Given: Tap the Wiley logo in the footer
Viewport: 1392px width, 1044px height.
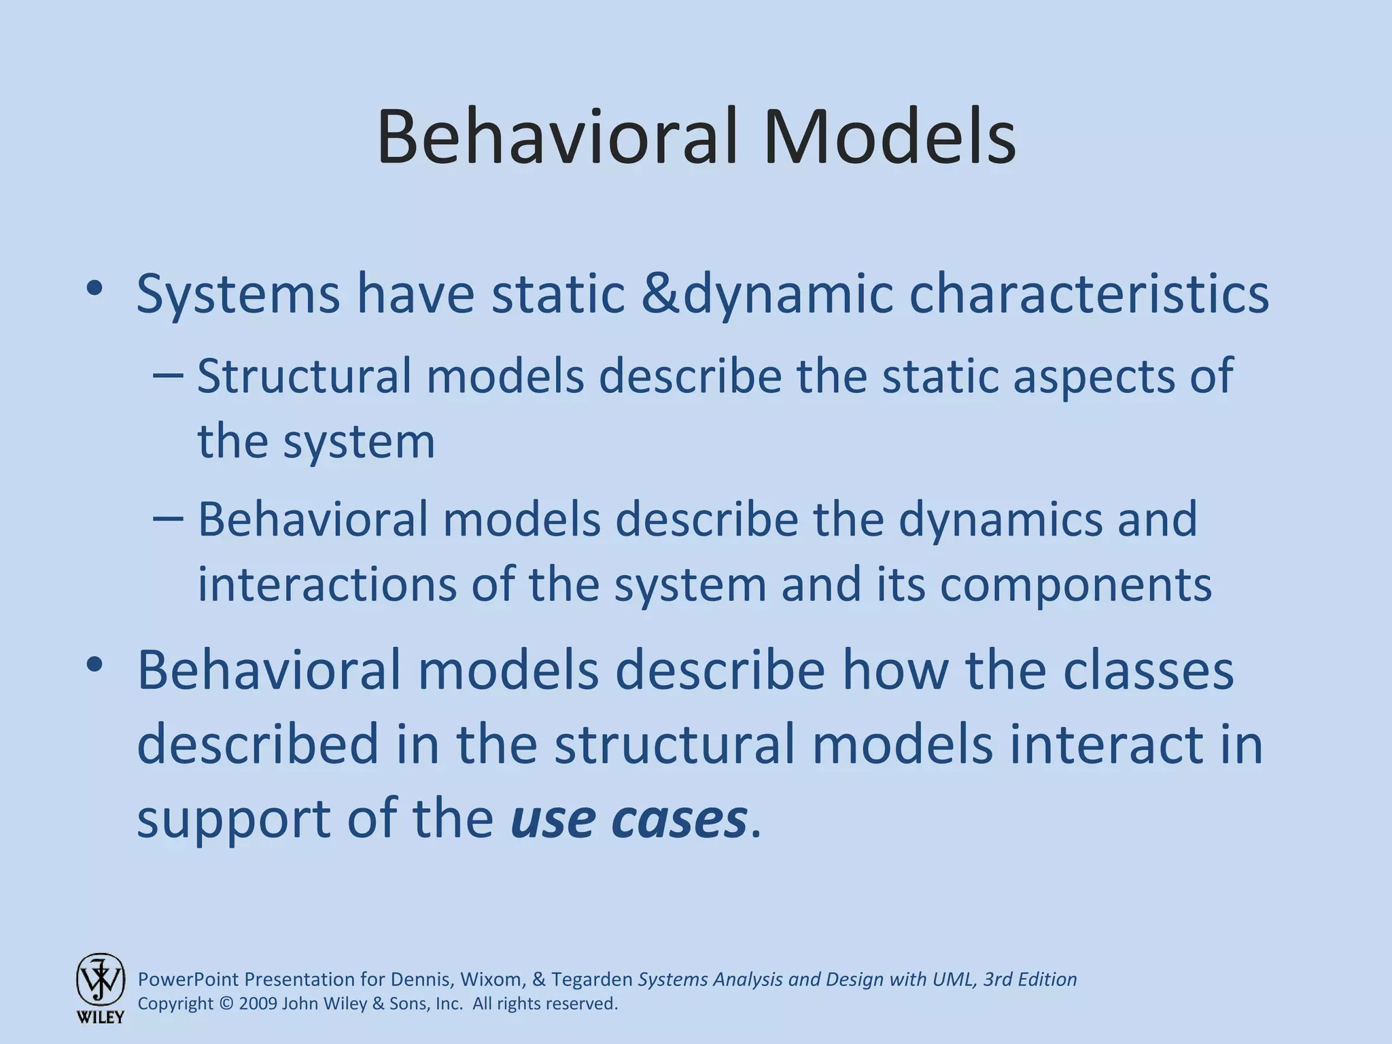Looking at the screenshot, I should click(x=100, y=987).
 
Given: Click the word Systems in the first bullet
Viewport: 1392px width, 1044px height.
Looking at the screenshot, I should click(x=238, y=294).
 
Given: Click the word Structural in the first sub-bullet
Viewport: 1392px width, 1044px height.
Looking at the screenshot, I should click(x=304, y=376).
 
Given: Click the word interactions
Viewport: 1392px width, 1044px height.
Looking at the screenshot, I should click(x=327, y=585).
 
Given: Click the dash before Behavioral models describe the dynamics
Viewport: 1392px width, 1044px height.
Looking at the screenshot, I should click(x=168, y=519).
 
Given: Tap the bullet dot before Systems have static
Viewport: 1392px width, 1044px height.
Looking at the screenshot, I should click(x=94, y=290).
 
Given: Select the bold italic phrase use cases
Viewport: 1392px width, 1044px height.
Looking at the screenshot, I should click(x=629, y=818).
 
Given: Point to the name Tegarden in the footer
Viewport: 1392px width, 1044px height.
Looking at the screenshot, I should click(x=591, y=979).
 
